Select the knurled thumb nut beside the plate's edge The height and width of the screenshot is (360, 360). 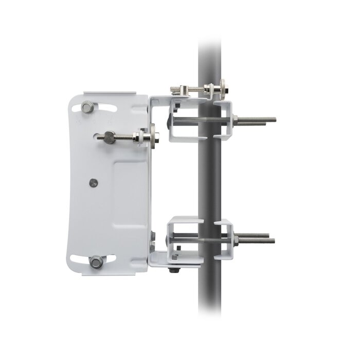(x=153, y=137)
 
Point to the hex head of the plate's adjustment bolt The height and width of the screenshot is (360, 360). (x=110, y=136)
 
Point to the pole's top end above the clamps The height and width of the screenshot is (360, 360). (x=211, y=51)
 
